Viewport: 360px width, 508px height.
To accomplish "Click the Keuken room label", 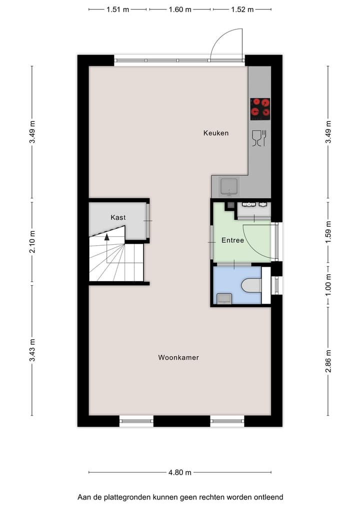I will tap(216, 133).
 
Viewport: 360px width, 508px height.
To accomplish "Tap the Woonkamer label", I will tap(178, 358).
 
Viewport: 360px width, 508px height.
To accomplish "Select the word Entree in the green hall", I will tap(232, 241).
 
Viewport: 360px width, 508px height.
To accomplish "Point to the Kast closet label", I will tap(118, 218).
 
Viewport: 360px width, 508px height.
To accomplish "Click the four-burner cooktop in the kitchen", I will tap(260, 109).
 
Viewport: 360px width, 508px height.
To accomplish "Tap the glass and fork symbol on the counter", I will tap(259, 138).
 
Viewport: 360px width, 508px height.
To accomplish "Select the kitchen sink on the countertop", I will tap(230, 186).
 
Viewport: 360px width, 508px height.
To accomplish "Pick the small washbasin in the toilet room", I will tap(223, 298).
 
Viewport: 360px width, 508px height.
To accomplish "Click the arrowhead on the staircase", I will tap(107, 237).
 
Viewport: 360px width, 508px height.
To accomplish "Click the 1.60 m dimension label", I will tap(180, 9).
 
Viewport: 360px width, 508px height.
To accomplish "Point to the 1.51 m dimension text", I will tap(118, 9).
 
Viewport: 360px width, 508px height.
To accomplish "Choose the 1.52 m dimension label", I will tap(242, 9).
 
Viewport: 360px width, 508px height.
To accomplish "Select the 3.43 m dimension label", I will tap(32, 350).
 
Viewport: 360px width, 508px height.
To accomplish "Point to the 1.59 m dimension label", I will tap(328, 232).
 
